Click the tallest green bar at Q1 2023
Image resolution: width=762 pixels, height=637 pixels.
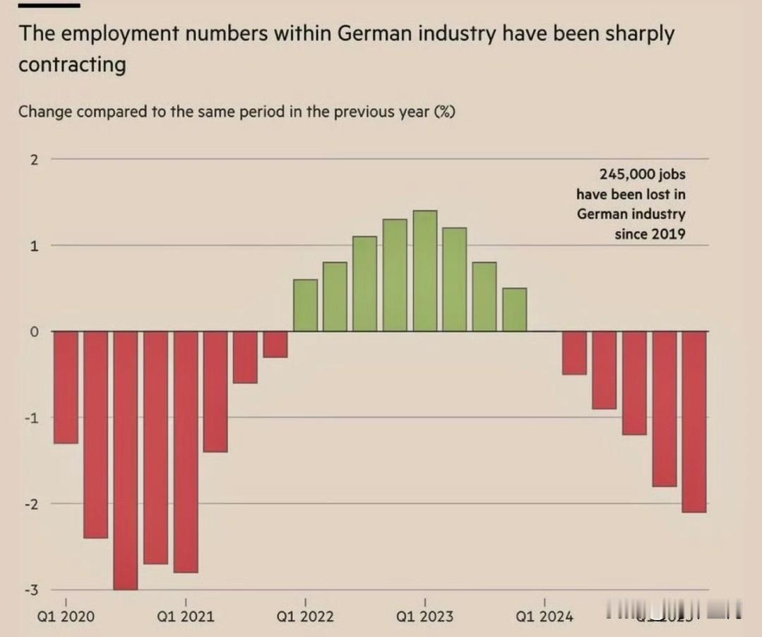[425, 271]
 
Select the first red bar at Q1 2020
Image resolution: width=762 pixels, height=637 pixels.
[66, 387]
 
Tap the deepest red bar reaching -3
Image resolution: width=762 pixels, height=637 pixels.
[126, 460]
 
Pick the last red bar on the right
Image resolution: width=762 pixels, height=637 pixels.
[694, 421]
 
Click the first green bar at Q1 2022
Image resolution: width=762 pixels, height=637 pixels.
[305, 305]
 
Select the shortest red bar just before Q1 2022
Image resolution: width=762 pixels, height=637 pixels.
[275, 344]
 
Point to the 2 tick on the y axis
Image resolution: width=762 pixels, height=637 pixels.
[33, 159]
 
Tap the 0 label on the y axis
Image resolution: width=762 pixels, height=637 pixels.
[33, 332]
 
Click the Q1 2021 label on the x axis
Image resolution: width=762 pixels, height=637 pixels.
[185, 616]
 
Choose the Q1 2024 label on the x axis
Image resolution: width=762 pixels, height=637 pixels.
[544, 616]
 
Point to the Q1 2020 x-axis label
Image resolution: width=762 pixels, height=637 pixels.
[65, 616]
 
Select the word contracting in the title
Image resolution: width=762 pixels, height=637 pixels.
[72, 64]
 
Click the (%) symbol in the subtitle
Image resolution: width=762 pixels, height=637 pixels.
[443, 112]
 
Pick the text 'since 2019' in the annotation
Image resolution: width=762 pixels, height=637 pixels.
[650, 234]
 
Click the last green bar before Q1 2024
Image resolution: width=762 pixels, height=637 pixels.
[515, 310]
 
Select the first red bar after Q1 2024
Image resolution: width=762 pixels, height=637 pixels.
[574, 353]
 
